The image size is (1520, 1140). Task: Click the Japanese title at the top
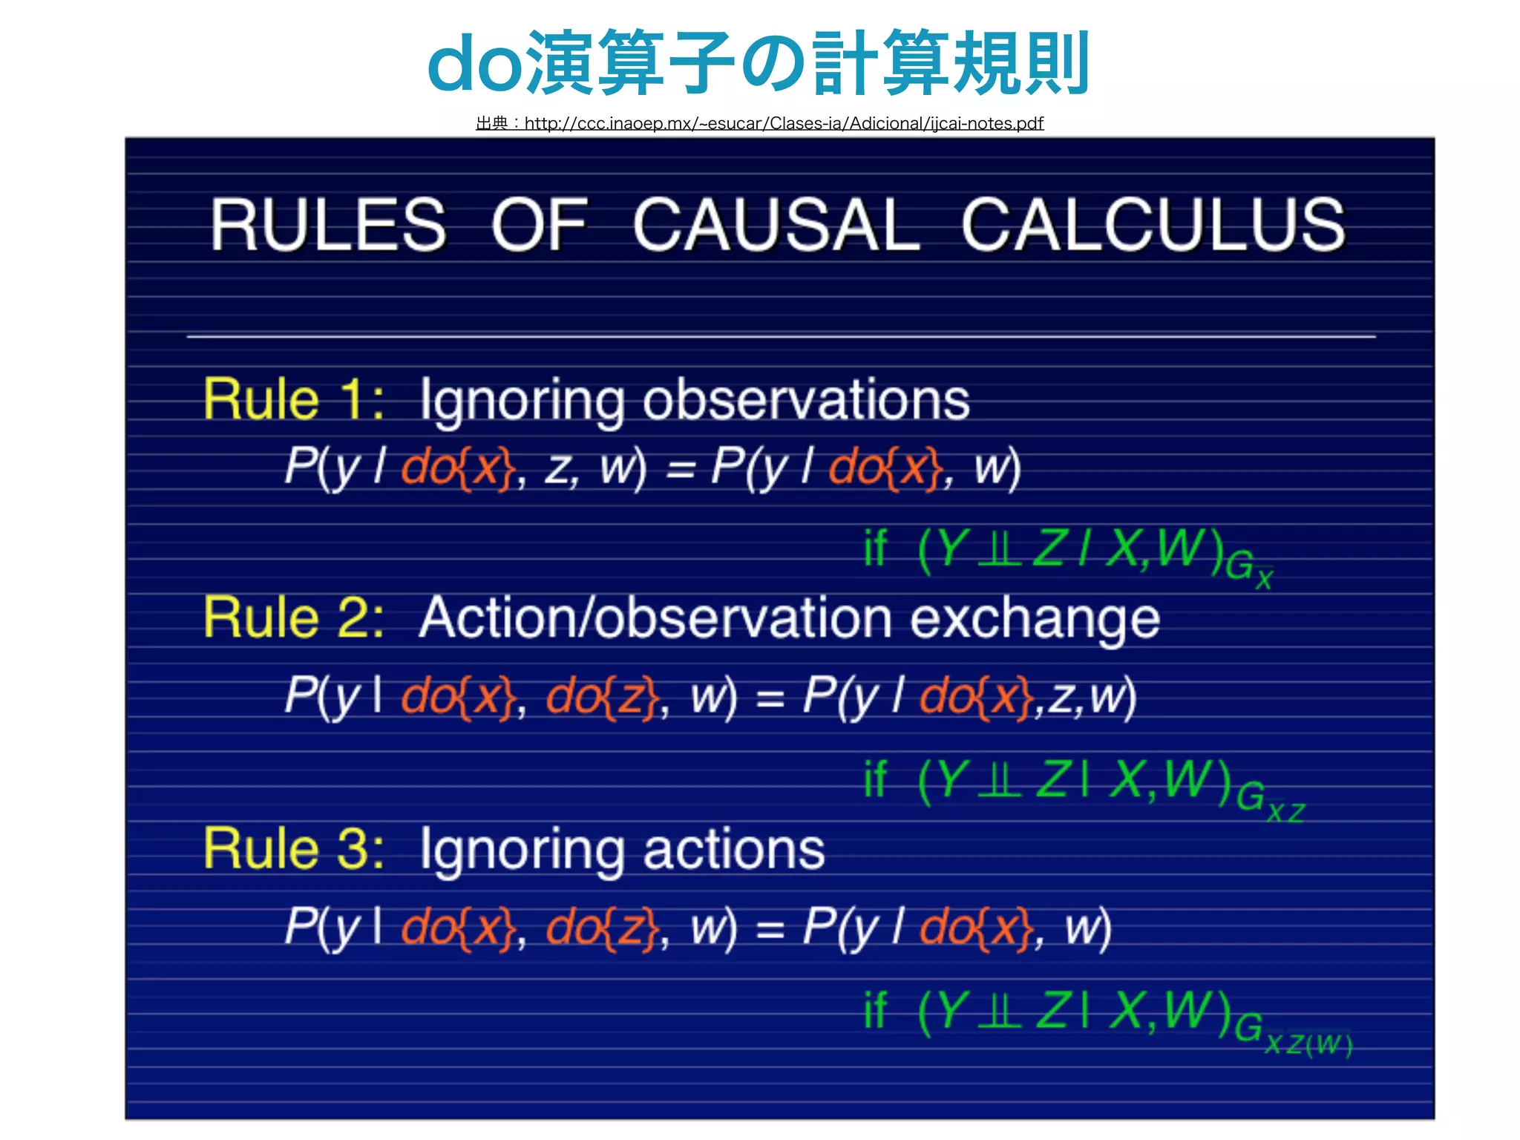tap(759, 63)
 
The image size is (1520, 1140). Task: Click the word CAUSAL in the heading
tap(776, 225)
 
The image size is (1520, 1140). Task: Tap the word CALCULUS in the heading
tap(1153, 225)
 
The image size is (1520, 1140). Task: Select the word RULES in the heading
tap(329, 225)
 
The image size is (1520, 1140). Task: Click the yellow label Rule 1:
tap(294, 399)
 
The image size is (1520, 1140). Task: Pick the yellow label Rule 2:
tap(294, 617)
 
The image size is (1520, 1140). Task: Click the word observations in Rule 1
tap(806, 401)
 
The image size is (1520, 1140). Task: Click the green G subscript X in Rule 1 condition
tap(1248, 569)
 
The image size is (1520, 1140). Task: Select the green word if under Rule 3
tap(875, 1010)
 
